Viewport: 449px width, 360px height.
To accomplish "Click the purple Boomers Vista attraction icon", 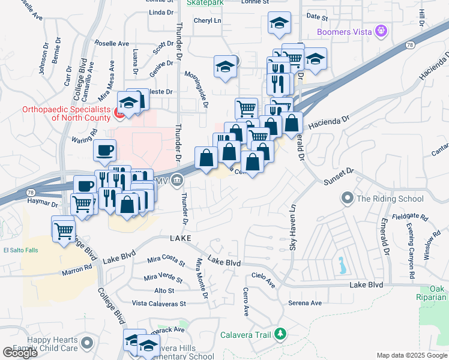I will click(379, 30).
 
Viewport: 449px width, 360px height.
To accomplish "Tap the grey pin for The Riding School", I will click(347, 198).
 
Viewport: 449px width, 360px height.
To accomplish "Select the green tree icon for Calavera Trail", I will click(280, 334).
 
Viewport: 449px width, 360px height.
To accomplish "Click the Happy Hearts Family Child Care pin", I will click(88, 343).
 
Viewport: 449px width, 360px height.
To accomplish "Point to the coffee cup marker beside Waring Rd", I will click(105, 150).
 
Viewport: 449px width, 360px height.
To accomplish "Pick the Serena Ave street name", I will click(302, 303).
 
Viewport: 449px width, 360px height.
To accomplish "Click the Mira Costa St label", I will click(166, 260).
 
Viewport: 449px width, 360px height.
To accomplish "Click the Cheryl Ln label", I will click(207, 20).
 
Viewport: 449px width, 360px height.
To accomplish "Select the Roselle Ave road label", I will click(115, 44).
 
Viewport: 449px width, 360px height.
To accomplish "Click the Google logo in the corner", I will click(20, 353).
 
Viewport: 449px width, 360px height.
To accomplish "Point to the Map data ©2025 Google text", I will click(411, 355).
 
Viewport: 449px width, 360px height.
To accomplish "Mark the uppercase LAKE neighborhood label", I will click(180, 238).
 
